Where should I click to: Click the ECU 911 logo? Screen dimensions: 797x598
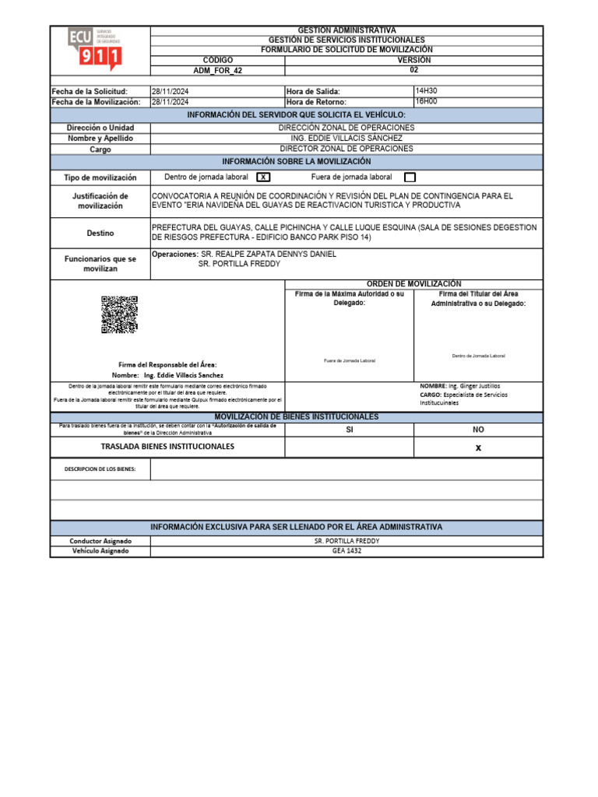(95, 49)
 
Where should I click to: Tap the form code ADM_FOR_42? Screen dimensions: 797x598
(217, 70)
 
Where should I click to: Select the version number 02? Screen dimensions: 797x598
(413, 69)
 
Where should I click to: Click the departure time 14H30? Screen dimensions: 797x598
(426, 91)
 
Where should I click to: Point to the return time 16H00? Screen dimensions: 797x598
(426, 101)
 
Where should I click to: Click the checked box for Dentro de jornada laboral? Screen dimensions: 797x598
(263, 177)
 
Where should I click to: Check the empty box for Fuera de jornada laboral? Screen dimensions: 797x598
(410, 177)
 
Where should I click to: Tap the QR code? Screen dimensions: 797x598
(119, 314)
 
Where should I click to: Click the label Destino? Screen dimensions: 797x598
(100, 233)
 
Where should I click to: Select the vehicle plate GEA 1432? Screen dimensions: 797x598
(346, 551)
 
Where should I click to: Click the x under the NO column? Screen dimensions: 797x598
(478, 448)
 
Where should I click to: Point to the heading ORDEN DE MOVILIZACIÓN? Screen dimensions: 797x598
(413, 284)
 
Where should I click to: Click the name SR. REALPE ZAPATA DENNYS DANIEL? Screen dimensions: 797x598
(269, 255)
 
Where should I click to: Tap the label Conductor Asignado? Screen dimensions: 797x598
(100, 541)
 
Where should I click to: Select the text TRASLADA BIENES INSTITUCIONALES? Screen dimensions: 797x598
(167, 447)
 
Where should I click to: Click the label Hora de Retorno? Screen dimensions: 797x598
(316, 102)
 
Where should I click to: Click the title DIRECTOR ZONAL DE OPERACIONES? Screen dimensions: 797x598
(346, 149)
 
